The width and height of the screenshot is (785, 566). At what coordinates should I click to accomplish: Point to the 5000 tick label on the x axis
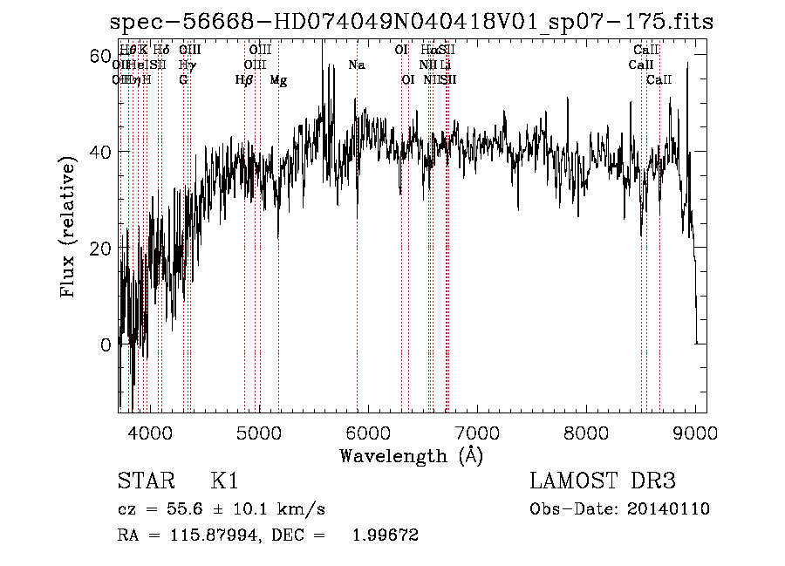pyautogui.click(x=258, y=432)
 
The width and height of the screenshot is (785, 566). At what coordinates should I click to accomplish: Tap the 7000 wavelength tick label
pyautogui.click(x=477, y=432)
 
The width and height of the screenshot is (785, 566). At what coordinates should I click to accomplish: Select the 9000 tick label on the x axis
pyautogui.click(x=696, y=432)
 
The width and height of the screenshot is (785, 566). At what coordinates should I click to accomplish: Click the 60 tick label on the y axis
pyautogui.click(x=100, y=57)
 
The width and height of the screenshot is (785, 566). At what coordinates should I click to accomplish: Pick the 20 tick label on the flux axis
pyautogui.click(x=100, y=249)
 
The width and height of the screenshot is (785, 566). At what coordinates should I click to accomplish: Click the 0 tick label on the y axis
pyautogui.click(x=106, y=344)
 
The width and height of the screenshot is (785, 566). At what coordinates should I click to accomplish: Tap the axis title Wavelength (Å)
pyautogui.click(x=411, y=455)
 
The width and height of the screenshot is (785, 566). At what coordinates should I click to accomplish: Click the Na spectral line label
pyautogui.click(x=356, y=65)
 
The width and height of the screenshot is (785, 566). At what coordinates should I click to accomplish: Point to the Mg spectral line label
pyautogui.click(x=278, y=80)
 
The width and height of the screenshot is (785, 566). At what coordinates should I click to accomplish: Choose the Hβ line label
pyautogui.click(x=244, y=80)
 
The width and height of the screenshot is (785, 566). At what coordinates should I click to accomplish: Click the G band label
pyautogui.click(x=183, y=80)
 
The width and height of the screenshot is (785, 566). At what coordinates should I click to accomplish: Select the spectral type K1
pyautogui.click(x=224, y=481)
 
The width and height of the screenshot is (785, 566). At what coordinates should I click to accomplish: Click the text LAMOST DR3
pyautogui.click(x=603, y=481)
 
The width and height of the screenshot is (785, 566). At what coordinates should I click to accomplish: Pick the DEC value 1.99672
pyautogui.click(x=385, y=535)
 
